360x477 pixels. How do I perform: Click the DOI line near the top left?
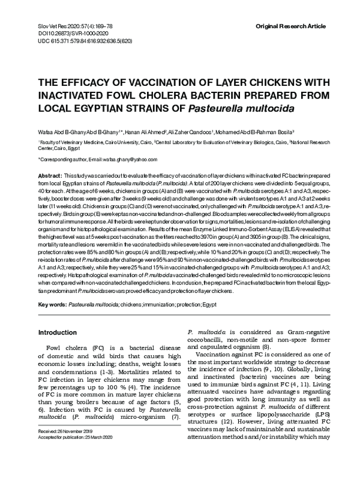pos(62,36)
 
